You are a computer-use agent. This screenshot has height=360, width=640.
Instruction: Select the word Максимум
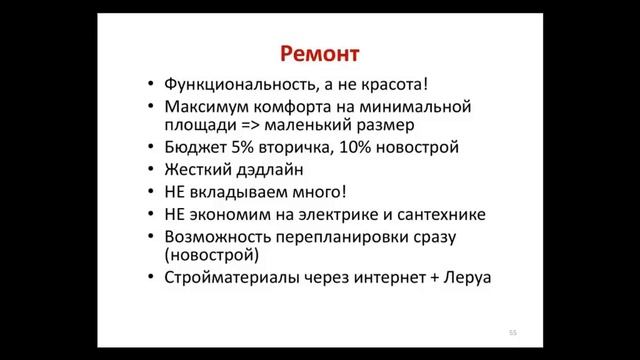click(x=198, y=105)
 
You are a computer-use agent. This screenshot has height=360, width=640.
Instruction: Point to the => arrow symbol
click(x=247, y=125)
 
